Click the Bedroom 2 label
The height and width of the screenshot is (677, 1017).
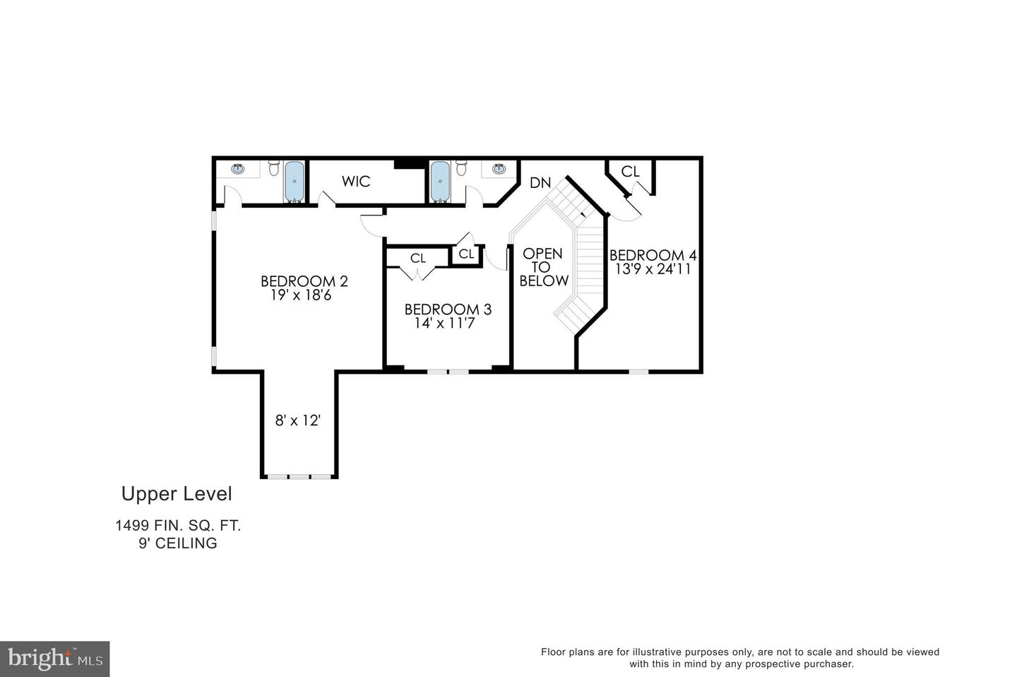coord(304,281)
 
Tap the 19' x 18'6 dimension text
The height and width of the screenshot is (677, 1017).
coord(301,295)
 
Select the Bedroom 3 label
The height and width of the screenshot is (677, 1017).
coord(448,309)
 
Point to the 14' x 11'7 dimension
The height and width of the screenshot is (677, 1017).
coord(445,324)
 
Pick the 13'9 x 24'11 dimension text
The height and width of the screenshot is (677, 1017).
coord(653,269)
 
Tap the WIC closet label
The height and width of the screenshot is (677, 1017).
coord(356,182)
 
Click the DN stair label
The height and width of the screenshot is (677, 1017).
coord(540,183)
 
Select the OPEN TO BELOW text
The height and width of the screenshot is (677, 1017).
coord(543,267)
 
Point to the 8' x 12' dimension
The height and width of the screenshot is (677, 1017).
coord(298,420)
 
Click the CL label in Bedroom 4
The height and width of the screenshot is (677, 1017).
coord(630,172)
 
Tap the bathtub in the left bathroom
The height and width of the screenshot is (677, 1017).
coord(295,182)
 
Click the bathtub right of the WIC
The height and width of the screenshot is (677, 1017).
coord(440,182)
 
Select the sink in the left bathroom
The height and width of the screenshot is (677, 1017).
coord(237,169)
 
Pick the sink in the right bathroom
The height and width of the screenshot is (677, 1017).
coord(499,169)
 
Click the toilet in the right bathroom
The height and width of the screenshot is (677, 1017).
coord(462,168)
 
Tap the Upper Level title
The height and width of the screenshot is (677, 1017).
coord(177,493)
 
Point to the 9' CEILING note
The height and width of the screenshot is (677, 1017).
coord(178,543)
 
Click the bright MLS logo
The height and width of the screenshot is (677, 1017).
coord(54,659)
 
